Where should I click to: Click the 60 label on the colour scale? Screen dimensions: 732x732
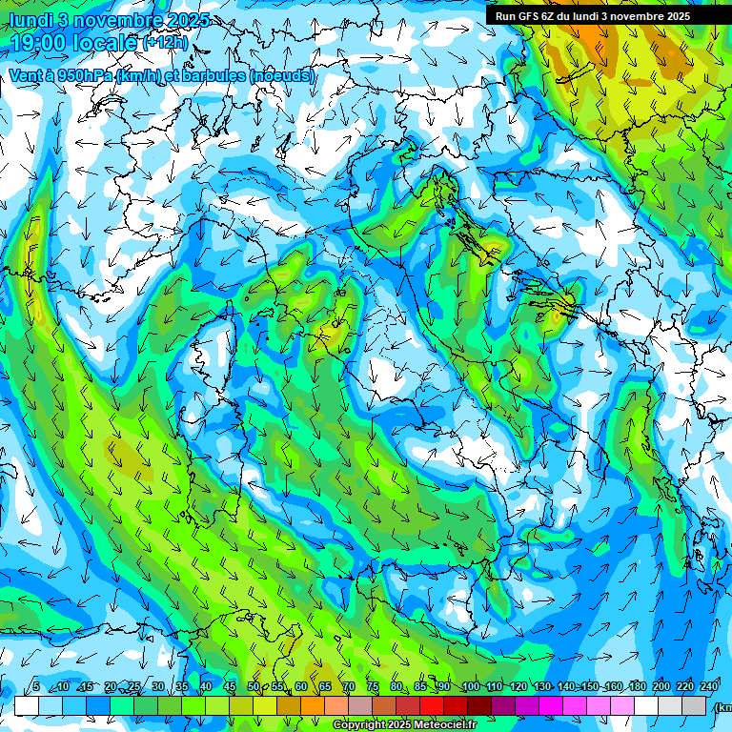tap(301, 686)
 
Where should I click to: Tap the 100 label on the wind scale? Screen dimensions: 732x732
tap(471, 686)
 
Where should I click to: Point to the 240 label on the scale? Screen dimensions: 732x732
tap(709, 686)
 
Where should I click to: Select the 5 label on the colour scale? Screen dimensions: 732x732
tap(36, 686)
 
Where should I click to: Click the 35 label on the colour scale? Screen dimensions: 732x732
tap(182, 686)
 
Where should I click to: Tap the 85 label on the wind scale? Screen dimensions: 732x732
tap(420, 686)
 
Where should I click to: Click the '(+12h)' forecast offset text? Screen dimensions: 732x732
tap(166, 43)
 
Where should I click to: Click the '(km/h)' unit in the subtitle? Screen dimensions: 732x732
tap(138, 75)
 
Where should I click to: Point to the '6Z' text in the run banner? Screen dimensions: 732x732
tap(549, 16)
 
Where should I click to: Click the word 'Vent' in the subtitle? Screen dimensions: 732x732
tap(26, 75)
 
